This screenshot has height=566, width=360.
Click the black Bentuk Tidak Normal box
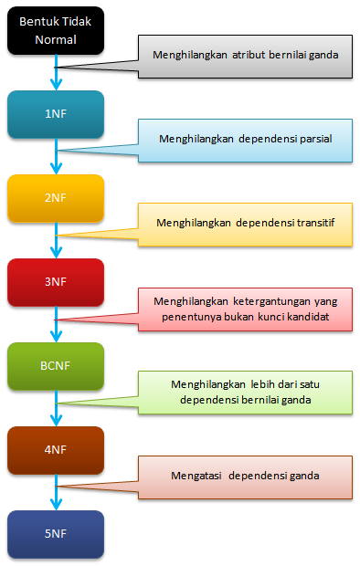click(x=56, y=31)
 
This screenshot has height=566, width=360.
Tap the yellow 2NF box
click(x=56, y=197)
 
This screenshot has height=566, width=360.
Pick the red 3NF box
click(x=56, y=282)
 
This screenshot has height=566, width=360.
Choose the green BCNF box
click(x=56, y=366)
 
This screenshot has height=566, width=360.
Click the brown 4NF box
click(x=56, y=450)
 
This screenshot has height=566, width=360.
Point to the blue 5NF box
click(x=56, y=534)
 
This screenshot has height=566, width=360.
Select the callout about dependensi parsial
click(x=244, y=139)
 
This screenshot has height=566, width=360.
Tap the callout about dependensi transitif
click(x=244, y=223)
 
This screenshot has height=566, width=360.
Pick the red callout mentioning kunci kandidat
click(x=244, y=308)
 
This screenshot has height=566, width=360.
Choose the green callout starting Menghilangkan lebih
click(x=244, y=392)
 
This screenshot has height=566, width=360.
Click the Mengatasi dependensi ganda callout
click(x=244, y=476)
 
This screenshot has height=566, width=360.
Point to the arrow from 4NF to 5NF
click(x=57, y=493)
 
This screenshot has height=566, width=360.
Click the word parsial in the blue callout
click(x=312, y=139)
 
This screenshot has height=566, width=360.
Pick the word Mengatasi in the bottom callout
click(x=195, y=476)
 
